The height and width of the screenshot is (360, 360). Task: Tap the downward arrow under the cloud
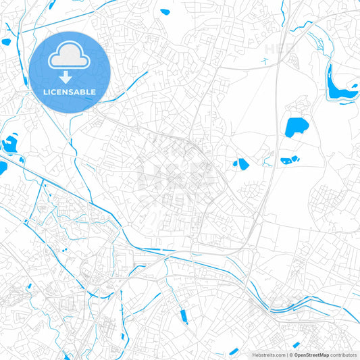70,76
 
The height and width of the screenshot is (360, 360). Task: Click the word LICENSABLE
70,91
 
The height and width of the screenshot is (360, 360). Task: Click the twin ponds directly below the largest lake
290,161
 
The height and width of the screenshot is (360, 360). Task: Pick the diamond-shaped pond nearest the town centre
241,163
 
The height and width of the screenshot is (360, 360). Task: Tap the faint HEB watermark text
279,49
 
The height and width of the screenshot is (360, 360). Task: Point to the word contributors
343,355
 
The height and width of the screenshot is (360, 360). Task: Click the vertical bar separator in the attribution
288,355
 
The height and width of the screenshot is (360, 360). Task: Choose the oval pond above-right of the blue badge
164,11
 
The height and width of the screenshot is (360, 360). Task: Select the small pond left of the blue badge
7,42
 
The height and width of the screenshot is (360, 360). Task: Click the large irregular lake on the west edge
9,143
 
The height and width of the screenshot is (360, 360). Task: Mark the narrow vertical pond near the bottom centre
182,315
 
